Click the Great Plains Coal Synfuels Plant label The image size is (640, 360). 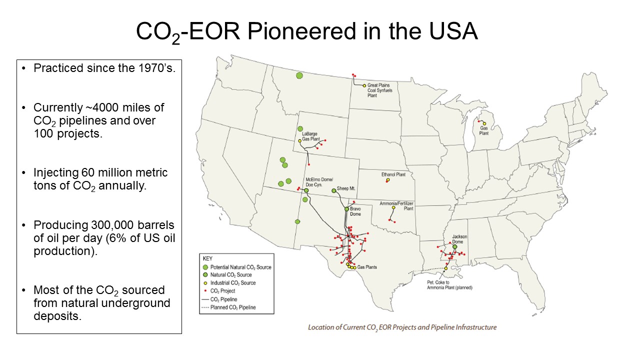[x=379, y=90]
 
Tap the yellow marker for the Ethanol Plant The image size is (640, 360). [x=388, y=179]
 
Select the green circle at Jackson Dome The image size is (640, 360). [x=455, y=246]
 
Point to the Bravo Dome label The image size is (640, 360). [x=355, y=211]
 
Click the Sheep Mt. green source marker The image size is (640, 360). [x=333, y=190]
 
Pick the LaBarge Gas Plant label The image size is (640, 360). [x=311, y=136]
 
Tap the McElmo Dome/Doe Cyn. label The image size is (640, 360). [x=319, y=182]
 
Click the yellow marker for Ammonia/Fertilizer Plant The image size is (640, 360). [x=393, y=207]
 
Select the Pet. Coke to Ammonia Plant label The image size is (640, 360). [x=449, y=285]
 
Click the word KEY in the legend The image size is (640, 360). [x=207, y=258]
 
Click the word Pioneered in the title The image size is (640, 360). [x=301, y=31]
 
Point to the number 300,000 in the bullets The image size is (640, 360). [x=112, y=225]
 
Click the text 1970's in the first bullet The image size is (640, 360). [x=156, y=68]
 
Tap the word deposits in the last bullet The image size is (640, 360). [x=57, y=316]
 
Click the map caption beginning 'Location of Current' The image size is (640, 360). [x=402, y=327]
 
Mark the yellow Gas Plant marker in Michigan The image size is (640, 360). [x=484, y=123]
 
